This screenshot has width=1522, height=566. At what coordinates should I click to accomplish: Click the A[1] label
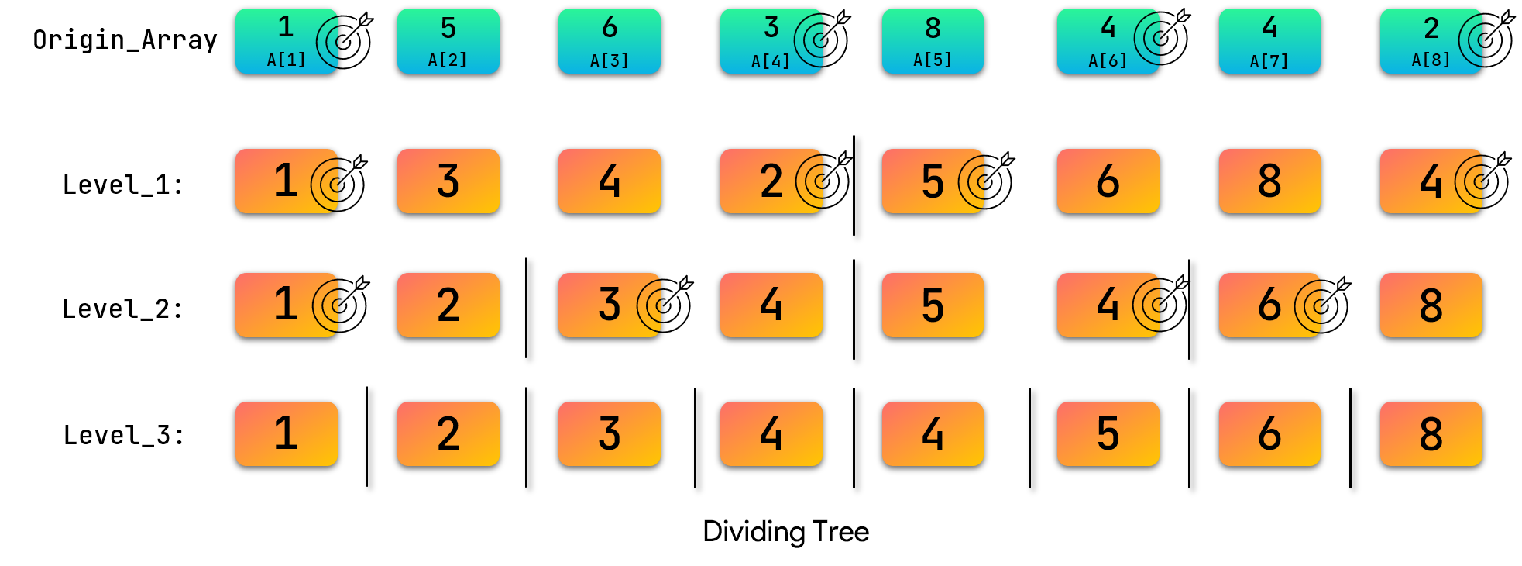point(286,60)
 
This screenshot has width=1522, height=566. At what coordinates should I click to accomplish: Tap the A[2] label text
point(448,60)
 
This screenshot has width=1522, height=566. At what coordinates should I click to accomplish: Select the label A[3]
point(610,60)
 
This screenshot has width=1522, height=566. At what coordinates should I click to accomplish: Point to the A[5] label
point(933,60)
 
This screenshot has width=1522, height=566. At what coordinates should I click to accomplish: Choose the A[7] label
point(1269,60)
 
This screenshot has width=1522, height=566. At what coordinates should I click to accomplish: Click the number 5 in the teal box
point(448,29)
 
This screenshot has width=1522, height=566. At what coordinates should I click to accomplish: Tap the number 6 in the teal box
point(610,28)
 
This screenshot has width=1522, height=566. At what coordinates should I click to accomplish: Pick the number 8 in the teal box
point(933,29)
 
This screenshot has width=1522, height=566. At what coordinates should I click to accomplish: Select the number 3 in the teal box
point(771,28)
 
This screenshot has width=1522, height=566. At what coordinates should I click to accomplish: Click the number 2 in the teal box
point(1431,29)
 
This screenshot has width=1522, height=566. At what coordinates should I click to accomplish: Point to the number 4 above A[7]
point(1269,28)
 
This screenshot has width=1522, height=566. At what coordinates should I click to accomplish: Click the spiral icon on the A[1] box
point(328,41)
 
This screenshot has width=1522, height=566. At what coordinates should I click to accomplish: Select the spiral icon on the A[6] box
point(1149,38)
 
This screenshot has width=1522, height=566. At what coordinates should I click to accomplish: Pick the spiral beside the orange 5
point(973,182)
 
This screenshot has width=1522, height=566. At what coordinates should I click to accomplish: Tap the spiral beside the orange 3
point(651,305)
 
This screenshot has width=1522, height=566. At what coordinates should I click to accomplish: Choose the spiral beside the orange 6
point(1309,306)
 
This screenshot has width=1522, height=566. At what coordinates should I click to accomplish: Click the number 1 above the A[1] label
point(286,27)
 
